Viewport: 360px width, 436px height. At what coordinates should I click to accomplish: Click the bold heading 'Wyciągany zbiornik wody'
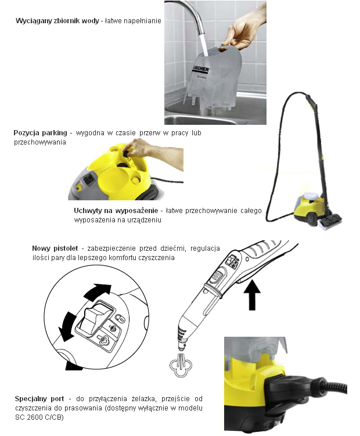tap(57, 21)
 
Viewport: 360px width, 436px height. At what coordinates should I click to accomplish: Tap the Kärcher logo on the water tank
tap(200, 70)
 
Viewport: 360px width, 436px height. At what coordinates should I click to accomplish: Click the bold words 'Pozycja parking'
tap(40, 132)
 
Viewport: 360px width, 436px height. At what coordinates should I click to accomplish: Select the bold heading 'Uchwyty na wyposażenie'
tap(116, 211)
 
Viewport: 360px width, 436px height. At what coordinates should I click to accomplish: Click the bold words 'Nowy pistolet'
tap(55, 248)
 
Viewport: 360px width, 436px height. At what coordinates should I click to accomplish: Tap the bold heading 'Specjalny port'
tap(39, 399)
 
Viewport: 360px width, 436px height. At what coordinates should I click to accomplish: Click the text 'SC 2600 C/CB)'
tap(39, 417)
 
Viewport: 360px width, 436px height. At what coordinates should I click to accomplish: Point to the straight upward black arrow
tap(252, 295)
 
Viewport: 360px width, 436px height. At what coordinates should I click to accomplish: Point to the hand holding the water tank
tap(243, 31)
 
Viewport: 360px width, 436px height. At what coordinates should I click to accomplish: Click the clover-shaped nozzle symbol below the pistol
tap(180, 364)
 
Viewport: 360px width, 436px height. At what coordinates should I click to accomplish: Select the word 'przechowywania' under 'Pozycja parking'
tap(40, 142)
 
